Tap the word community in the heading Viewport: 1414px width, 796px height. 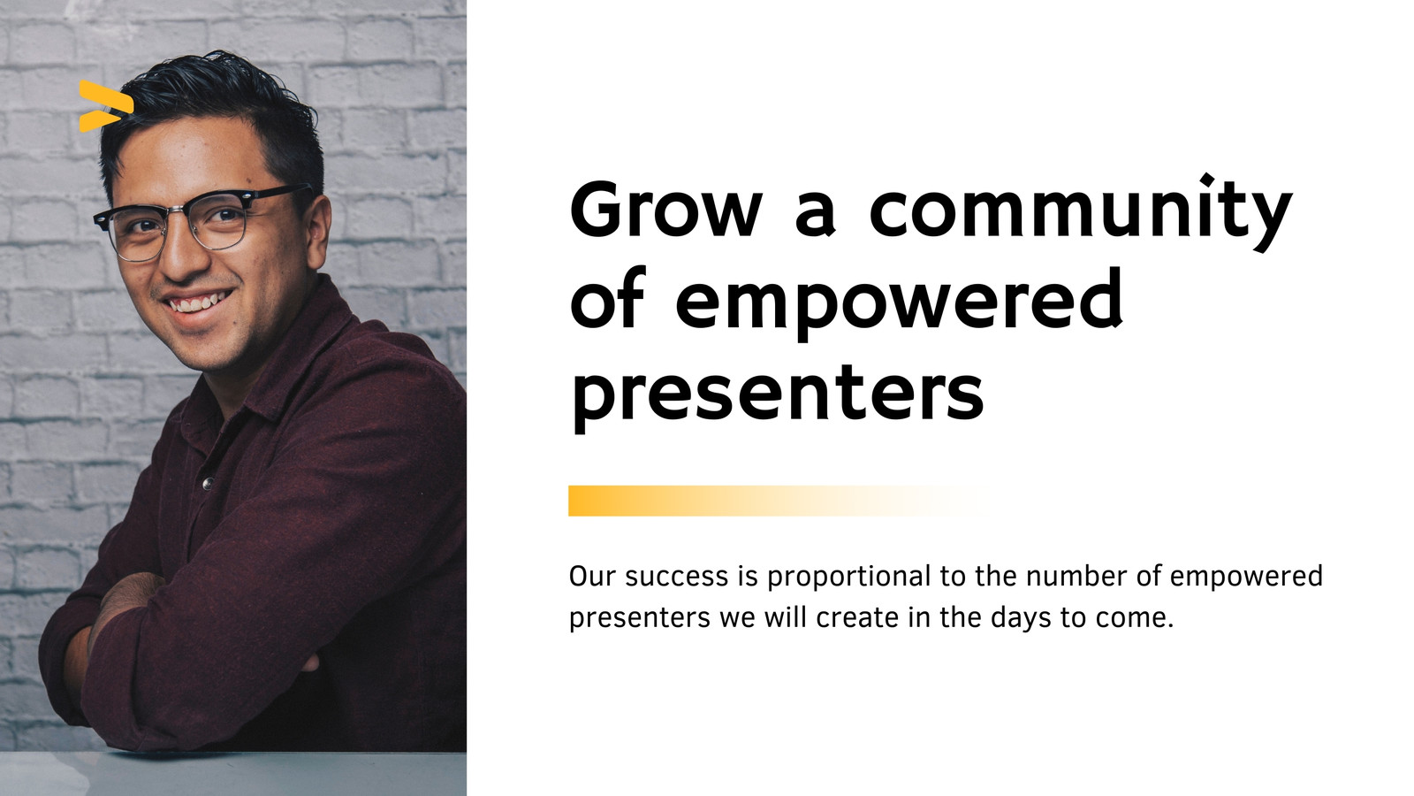click(x=1080, y=212)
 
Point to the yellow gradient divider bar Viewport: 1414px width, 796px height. click(x=777, y=501)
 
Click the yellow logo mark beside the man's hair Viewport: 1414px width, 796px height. click(x=106, y=106)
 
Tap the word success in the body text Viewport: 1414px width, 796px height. click(x=676, y=577)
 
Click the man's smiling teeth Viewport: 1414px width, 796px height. click(x=199, y=302)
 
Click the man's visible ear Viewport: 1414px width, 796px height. click(x=316, y=231)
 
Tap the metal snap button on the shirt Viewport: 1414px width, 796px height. click(x=207, y=484)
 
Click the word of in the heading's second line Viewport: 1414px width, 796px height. click(x=606, y=300)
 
